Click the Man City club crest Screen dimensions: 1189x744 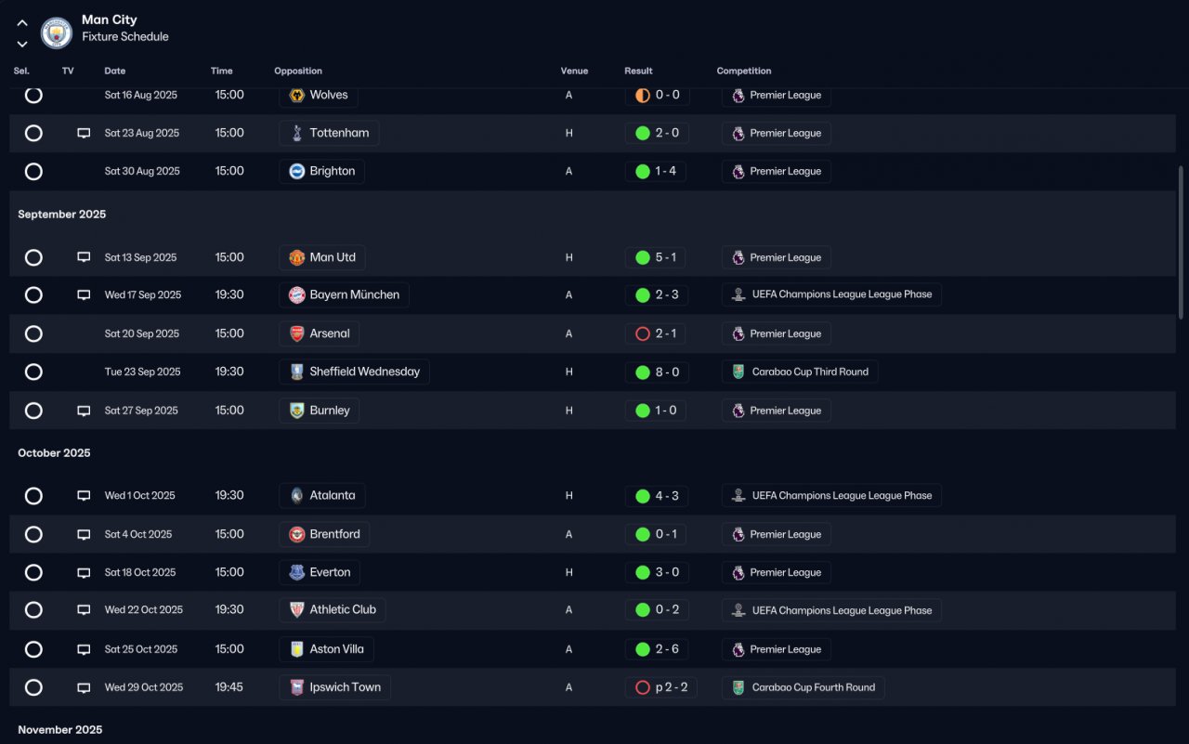57,33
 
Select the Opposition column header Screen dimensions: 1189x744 298,71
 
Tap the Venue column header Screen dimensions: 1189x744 574,71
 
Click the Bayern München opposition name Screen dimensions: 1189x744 354,294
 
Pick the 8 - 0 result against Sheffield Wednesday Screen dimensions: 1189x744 667,372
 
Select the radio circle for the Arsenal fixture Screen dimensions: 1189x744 33,333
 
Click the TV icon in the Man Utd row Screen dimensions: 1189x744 84,257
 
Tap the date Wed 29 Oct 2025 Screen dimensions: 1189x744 144,687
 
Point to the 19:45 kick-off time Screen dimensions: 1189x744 229,687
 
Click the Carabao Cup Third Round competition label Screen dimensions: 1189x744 810,372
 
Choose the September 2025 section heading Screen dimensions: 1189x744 61,214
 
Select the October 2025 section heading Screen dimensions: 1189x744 54,452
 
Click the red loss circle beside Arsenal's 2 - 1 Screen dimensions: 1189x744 642,333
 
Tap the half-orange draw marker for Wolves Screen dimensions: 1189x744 642,95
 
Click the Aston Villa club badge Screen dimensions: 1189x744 296,649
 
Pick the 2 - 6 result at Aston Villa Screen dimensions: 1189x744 667,649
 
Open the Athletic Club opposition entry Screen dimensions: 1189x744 343,609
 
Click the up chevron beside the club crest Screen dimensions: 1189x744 21,23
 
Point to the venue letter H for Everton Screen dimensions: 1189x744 569,572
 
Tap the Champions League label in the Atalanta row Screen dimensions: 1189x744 842,496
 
